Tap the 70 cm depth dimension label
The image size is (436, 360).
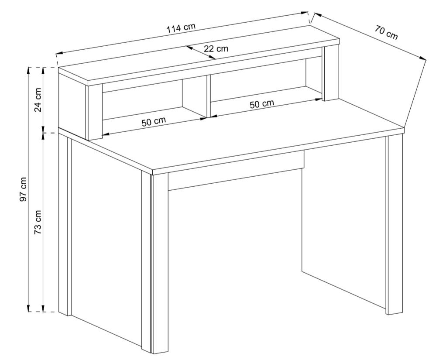tap(386, 32)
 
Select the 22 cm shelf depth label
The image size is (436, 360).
tap(216, 48)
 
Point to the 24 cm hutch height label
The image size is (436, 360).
tap(38, 100)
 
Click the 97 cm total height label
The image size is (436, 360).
tap(24, 189)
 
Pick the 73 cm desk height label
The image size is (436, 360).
tap(38, 222)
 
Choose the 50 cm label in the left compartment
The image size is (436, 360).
tap(154, 122)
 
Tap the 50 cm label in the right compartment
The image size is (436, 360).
tap(262, 104)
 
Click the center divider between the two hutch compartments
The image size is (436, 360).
tap(208, 96)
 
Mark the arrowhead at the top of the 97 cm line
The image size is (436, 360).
tap(28, 71)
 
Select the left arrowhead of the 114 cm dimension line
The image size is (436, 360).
tap(59, 53)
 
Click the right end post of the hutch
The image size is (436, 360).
tap(331, 73)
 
